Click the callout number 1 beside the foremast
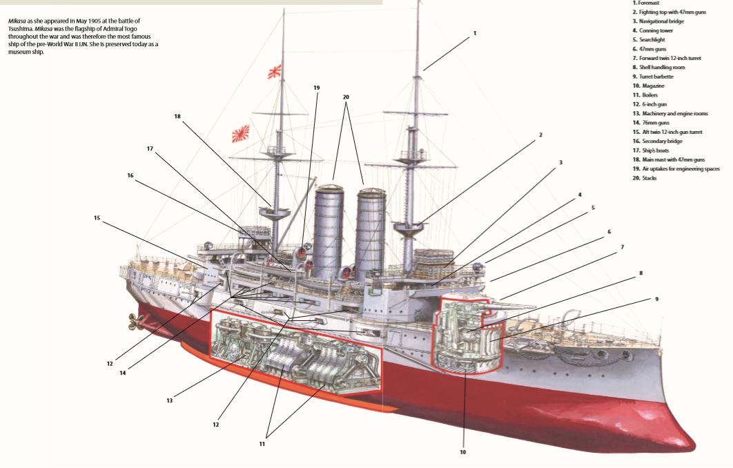[474, 32]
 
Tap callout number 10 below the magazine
[462, 452]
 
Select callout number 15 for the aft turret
[97, 217]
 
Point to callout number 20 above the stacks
[346, 97]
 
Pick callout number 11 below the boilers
[262, 444]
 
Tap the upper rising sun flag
[275, 70]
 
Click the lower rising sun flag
[241, 132]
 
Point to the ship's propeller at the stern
[133, 319]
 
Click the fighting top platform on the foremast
[407, 225]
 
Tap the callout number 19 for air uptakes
[317, 88]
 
